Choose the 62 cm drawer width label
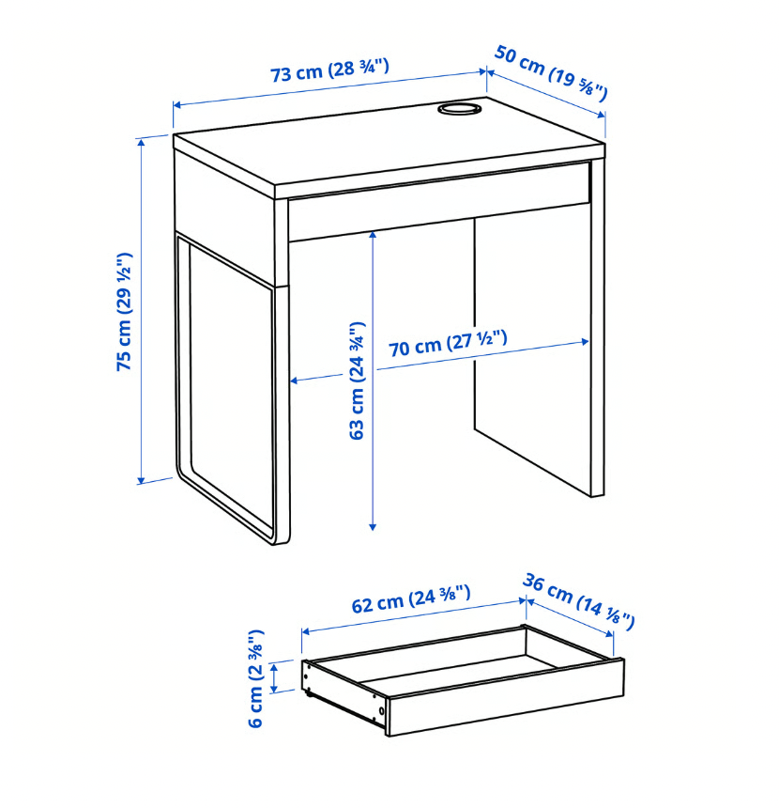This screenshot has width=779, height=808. [410, 601]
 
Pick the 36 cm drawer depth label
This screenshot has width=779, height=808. [578, 602]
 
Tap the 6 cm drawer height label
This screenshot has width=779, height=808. [256, 678]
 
